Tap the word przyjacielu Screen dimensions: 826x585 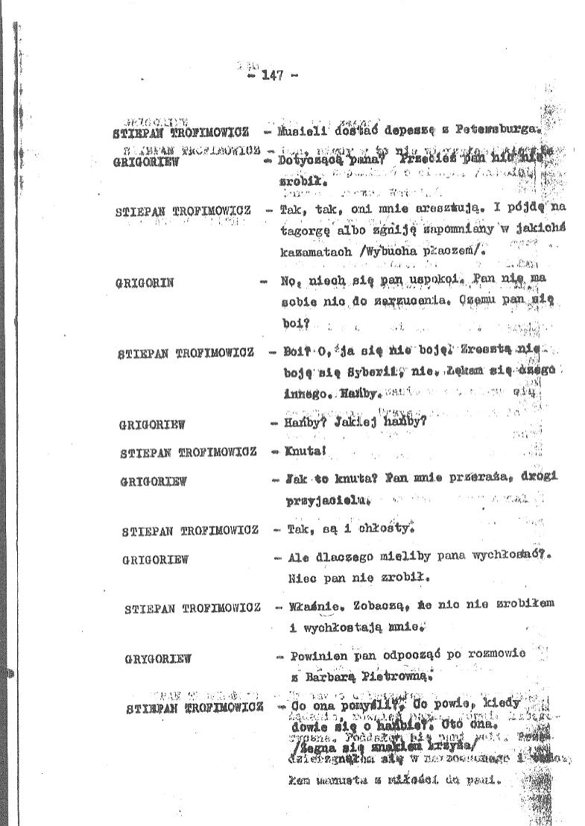(x=328, y=501)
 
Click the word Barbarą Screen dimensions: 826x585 (x=330, y=677)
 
